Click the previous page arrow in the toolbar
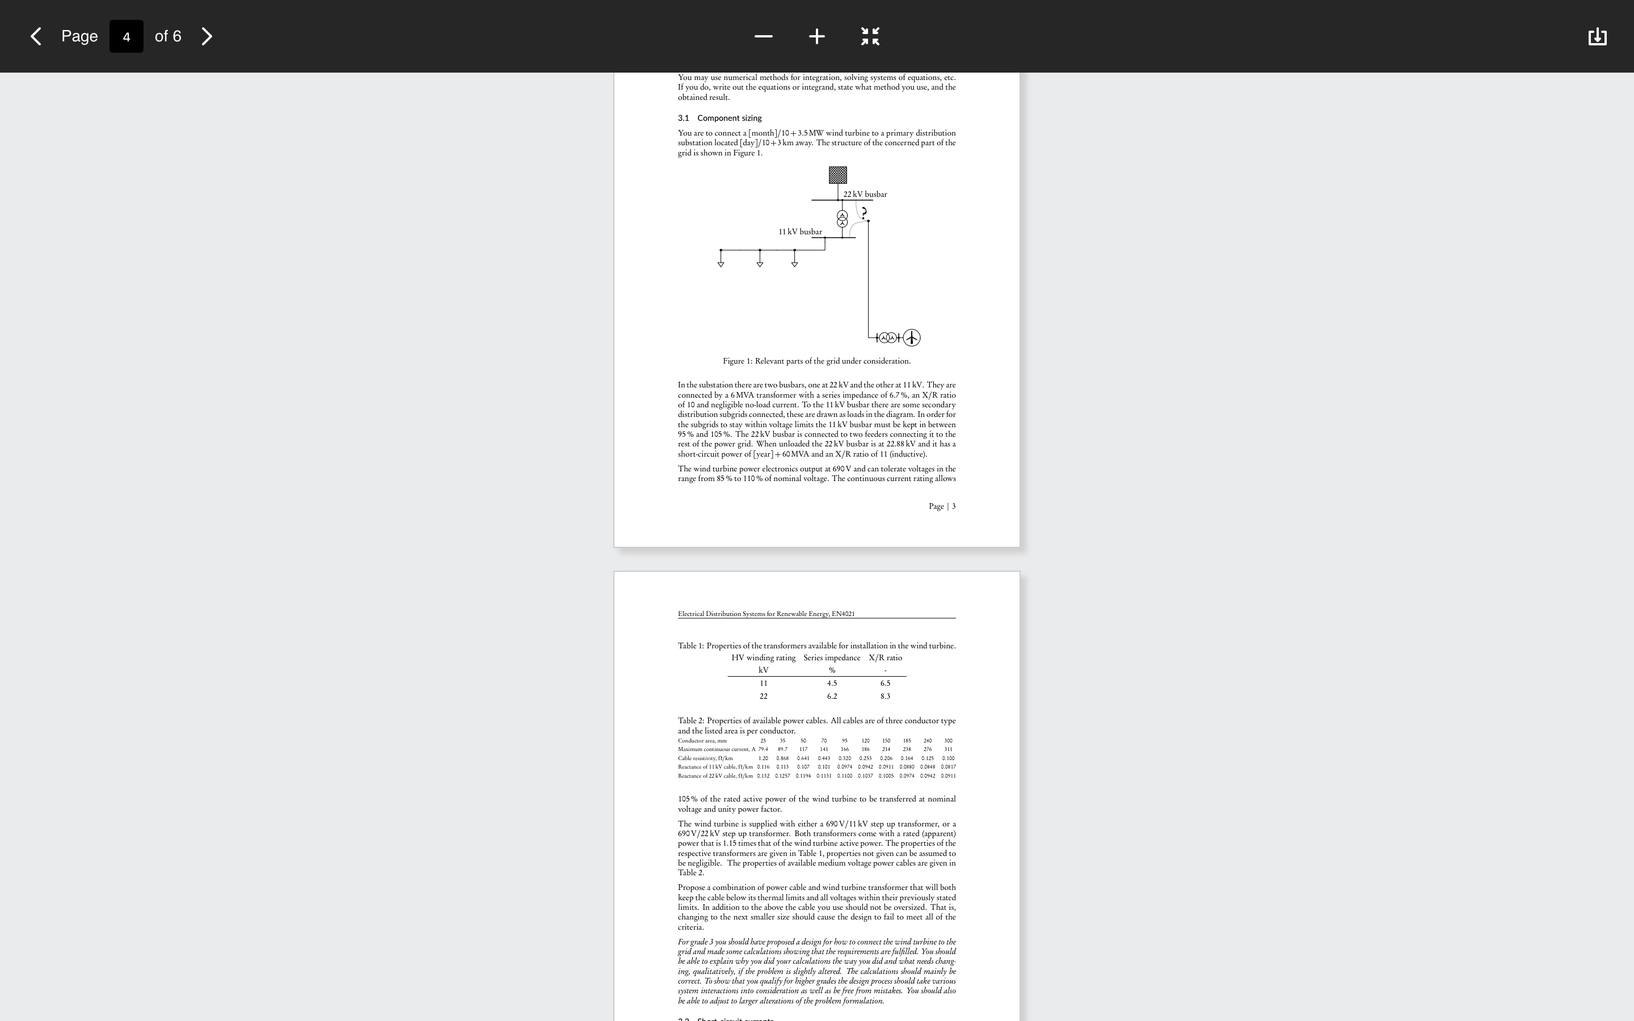pyautogui.click(x=36, y=36)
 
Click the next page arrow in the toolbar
pyautogui.click(x=207, y=36)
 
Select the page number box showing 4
pyautogui.click(x=127, y=36)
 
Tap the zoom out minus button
pyautogui.click(x=763, y=36)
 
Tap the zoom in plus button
pyautogui.click(x=816, y=36)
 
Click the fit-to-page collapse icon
pyautogui.click(x=870, y=36)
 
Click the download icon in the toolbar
pyautogui.click(x=1597, y=36)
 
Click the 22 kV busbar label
pyautogui.click(x=865, y=195)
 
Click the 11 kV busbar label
pyautogui.click(x=800, y=231)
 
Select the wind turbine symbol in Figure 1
pyautogui.click(x=912, y=337)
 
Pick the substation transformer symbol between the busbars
pyautogui.click(x=842, y=219)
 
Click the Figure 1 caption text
pyautogui.click(x=816, y=361)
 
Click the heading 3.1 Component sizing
pyautogui.click(x=720, y=118)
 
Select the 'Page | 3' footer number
pyautogui.click(x=942, y=507)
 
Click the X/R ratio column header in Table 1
pyautogui.click(x=885, y=658)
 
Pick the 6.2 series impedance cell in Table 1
pyautogui.click(x=832, y=696)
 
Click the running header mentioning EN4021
pyautogui.click(x=767, y=614)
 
